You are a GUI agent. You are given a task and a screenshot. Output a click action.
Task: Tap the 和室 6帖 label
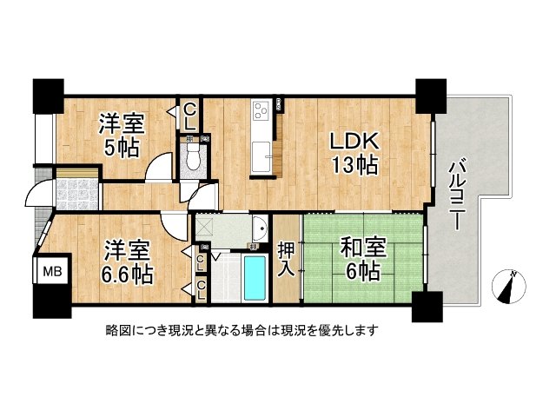pyautogui.click(x=362, y=259)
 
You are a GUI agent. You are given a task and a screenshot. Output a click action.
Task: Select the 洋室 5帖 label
pyautogui.click(x=122, y=135)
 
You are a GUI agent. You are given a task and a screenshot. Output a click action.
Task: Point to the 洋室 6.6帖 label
pyautogui.click(x=127, y=262)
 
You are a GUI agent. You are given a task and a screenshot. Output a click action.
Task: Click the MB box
pyautogui.click(x=52, y=272)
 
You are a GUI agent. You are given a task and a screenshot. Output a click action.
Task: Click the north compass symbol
pyautogui.click(x=509, y=286)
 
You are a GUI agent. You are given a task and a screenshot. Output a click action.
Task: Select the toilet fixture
pyautogui.click(x=193, y=156)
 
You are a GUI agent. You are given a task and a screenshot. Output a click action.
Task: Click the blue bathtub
pyautogui.click(x=255, y=278)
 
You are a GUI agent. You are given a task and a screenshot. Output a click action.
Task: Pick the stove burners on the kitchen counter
pyautogui.click(x=261, y=110)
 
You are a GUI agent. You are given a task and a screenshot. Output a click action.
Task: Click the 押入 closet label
pyautogui.click(x=286, y=258)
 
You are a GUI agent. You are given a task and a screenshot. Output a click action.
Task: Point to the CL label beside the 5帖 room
pyautogui.click(x=190, y=116)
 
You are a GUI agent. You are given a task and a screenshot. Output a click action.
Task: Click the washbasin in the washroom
pyautogui.click(x=260, y=228)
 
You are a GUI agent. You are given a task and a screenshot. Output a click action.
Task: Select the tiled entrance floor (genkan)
pyautogui.click(x=77, y=195)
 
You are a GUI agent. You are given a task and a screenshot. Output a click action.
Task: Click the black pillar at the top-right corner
pyautogui.click(x=431, y=96)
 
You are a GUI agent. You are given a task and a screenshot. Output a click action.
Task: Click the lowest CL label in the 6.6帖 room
pyautogui.click(x=201, y=289)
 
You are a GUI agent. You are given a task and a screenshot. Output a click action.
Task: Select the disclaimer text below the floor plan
pyautogui.click(x=242, y=330)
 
